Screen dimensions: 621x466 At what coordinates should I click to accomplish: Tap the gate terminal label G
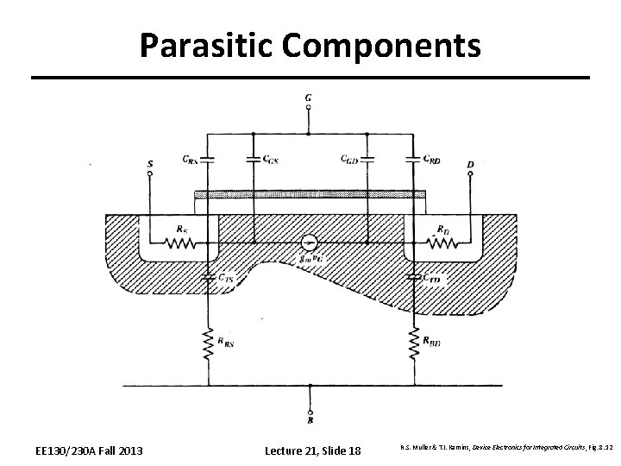309,98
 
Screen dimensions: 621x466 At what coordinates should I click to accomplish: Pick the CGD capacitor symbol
367,159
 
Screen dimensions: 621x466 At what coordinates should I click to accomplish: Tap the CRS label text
189,159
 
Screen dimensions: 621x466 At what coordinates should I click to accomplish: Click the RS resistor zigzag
183,243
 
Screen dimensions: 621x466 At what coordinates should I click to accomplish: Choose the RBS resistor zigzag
208,344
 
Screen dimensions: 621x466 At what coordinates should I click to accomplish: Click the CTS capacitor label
225,278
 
